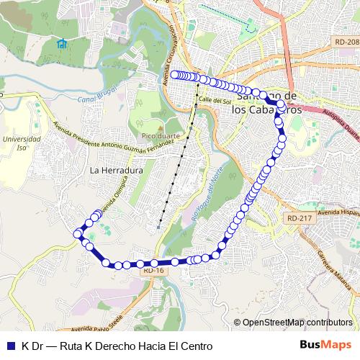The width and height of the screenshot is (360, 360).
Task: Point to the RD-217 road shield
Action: click(x=298, y=217)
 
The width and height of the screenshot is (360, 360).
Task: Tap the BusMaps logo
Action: click(x=328, y=345)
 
